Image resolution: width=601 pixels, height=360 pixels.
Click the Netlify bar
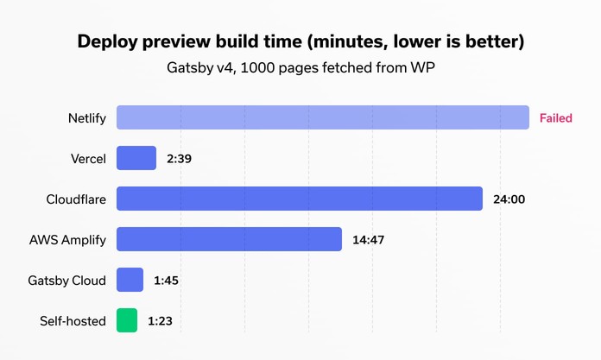(x=322, y=117)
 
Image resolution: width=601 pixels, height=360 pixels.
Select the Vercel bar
(x=136, y=158)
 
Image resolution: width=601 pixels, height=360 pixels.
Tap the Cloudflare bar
(x=299, y=199)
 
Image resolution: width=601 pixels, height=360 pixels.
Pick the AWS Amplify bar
(x=229, y=239)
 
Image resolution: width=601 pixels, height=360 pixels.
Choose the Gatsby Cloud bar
(x=130, y=280)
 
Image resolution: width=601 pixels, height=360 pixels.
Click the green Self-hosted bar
(x=127, y=320)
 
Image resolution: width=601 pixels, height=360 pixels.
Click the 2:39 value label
(x=180, y=159)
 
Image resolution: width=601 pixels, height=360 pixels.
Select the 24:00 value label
(x=509, y=199)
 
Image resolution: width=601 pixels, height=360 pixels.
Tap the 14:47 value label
(x=368, y=240)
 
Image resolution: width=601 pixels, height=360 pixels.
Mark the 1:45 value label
(x=166, y=281)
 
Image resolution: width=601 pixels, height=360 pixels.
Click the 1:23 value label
(x=160, y=321)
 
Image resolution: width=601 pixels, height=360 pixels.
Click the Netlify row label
(x=87, y=118)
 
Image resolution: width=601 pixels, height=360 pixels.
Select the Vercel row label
(x=89, y=159)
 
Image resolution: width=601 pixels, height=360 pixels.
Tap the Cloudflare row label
(x=76, y=199)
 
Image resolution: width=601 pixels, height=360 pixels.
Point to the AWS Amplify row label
(x=68, y=240)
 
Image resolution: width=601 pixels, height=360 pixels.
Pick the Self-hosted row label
(x=73, y=321)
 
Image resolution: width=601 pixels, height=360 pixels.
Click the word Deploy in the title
(x=110, y=41)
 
